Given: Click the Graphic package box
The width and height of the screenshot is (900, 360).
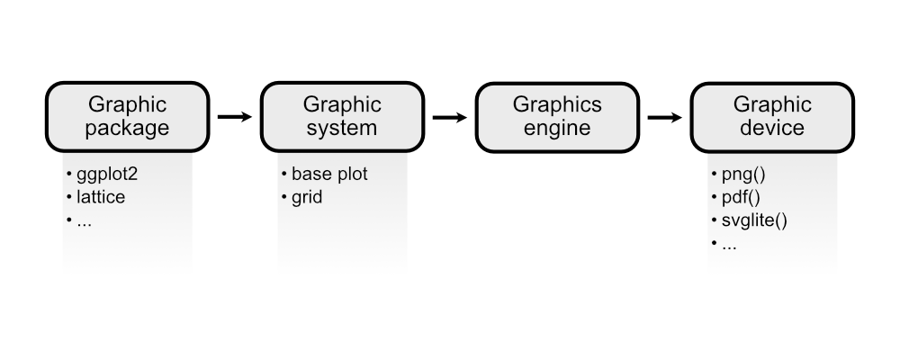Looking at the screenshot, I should tap(127, 117).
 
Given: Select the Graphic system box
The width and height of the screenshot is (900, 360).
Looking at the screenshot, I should tap(342, 117).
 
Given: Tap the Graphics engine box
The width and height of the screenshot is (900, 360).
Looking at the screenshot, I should tap(557, 117).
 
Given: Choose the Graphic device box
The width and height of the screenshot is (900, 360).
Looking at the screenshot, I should tap(771, 117).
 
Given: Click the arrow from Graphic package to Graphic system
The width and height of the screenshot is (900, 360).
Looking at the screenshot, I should tap(235, 117).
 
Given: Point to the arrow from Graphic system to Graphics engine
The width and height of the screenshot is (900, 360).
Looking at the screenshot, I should tap(450, 117).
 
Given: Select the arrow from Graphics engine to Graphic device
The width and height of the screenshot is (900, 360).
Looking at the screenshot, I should tap(664, 117).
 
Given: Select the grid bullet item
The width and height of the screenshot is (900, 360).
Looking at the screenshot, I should tap(306, 197).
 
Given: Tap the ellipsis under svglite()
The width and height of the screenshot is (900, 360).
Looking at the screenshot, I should tap(729, 244).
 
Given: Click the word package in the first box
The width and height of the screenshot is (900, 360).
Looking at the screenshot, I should tap(127, 129).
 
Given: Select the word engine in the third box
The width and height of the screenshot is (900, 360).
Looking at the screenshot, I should tap(557, 129).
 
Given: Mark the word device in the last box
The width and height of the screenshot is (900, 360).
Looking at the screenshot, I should tap(771, 129).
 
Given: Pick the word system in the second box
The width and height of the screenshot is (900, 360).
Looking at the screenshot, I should tap(342, 129).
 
